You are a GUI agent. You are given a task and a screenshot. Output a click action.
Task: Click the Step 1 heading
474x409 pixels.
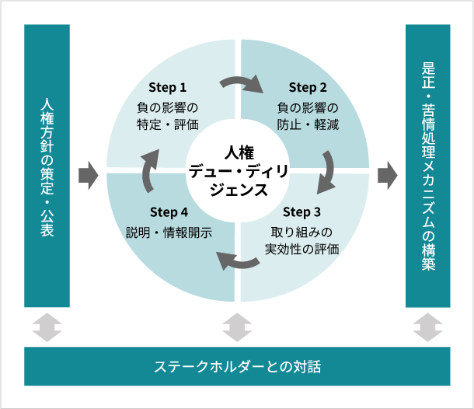[x=168, y=87]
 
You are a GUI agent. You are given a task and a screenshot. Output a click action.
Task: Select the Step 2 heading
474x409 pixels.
[x=308, y=87]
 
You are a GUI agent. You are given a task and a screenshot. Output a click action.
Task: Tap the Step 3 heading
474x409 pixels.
[x=301, y=212]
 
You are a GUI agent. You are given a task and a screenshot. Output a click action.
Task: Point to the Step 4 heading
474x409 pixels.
[x=169, y=212]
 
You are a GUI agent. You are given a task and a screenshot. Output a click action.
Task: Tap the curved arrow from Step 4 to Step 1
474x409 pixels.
[x=148, y=170]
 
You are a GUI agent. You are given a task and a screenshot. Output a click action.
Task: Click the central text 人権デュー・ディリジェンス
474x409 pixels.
[x=239, y=171]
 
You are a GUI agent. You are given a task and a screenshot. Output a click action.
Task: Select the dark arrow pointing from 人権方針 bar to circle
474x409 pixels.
[x=89, y=176]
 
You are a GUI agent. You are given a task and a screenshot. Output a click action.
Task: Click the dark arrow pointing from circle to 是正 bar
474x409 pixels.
[x=388, y=176]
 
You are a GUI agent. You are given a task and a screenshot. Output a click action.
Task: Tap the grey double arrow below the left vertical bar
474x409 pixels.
[x=47, y=327]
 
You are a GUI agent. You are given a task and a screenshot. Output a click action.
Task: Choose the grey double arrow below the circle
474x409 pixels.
[x=237, y=327]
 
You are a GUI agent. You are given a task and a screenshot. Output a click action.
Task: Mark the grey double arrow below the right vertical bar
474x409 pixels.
[x=427, y=327]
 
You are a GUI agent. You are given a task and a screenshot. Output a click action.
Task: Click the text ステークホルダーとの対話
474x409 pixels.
[x=237, y=366]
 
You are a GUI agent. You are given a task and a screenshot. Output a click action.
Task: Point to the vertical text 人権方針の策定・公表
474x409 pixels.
[x=47, y=167]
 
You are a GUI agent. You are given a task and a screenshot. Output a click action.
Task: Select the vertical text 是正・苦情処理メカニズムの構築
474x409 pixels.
[x=428, y=166]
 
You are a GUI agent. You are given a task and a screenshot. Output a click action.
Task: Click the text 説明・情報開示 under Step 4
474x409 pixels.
[x=169, y=232]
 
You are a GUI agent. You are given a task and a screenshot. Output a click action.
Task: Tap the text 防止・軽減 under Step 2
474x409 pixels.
[x=308, y=124]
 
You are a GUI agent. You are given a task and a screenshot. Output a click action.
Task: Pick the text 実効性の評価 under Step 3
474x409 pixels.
[x=301, y=249]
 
